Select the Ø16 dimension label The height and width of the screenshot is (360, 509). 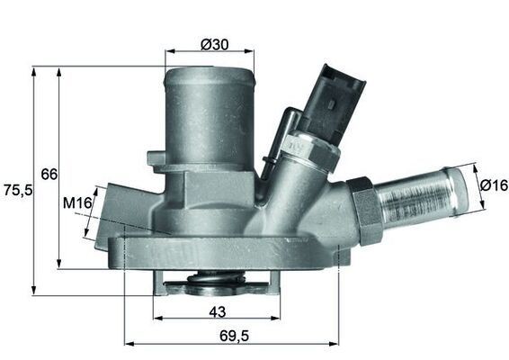pyautogui.click(x=493, y=184)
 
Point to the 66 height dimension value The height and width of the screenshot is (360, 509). pyautogui.click(x=49, y=173)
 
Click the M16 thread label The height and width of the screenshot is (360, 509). pyautogui.click(x=77, y=205)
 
